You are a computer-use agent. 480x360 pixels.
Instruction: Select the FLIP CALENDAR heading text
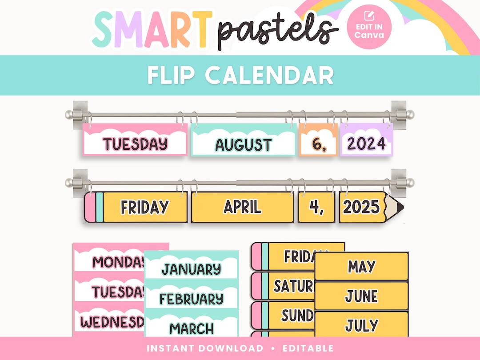coord(240,76)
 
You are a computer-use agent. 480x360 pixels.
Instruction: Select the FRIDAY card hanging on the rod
coord(144,207)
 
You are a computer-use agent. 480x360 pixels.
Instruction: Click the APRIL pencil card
coord(243,207)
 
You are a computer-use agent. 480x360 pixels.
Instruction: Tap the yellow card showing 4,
coord(316,207)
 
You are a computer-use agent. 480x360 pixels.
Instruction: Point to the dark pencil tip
coord(400,207)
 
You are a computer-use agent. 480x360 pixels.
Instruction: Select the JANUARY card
coord(191,269)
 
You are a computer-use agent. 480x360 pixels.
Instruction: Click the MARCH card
coord(191,328)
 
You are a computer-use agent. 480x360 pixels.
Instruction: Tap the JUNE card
coord(361,296)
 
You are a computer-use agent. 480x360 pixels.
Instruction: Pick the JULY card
coord(361,325)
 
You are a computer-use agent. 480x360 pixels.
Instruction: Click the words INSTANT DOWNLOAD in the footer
coord(204,348)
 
